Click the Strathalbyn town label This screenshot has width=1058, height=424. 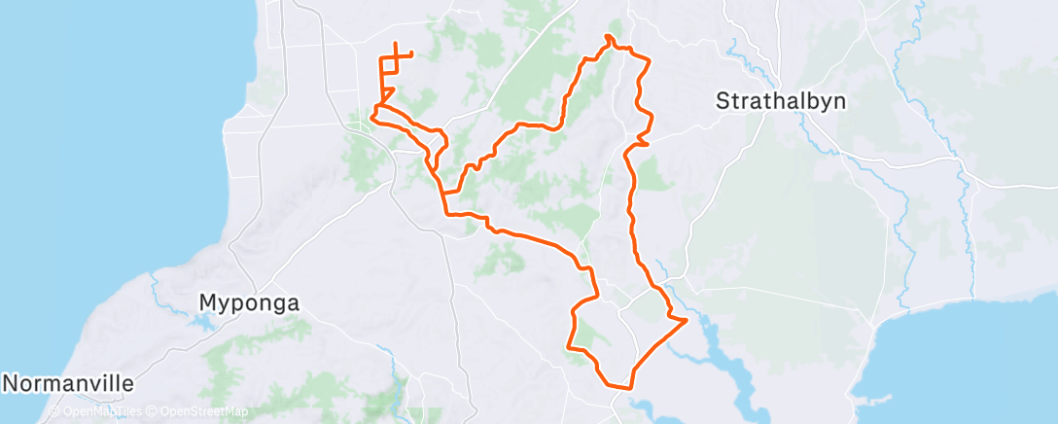781,101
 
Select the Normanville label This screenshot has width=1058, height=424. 67,383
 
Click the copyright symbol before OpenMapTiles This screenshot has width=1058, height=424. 54,412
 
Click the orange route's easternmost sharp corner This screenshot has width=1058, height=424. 688,319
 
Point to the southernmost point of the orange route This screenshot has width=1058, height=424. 616,386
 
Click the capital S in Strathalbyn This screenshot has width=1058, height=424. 723,101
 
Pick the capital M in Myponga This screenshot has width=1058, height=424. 207,303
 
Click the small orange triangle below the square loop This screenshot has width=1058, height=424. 386,94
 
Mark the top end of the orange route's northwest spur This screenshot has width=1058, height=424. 397,43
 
